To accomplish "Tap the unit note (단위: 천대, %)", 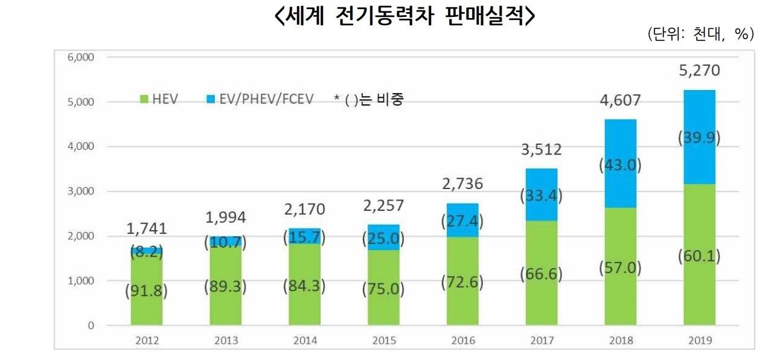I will point(700,34).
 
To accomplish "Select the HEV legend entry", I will point(158,98).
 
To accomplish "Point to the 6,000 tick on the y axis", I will point(81,57).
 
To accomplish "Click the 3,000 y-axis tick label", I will point(81,191).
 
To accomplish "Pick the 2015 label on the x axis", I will point(383,340).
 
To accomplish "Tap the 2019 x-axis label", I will point(699,340).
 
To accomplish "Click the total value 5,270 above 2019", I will point(699,71).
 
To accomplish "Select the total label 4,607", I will point(620,100).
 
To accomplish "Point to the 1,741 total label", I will point(146,228).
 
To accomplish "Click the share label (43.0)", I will point(620,165).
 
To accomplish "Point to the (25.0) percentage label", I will point(383,239).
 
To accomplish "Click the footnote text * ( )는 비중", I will point(368,99).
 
